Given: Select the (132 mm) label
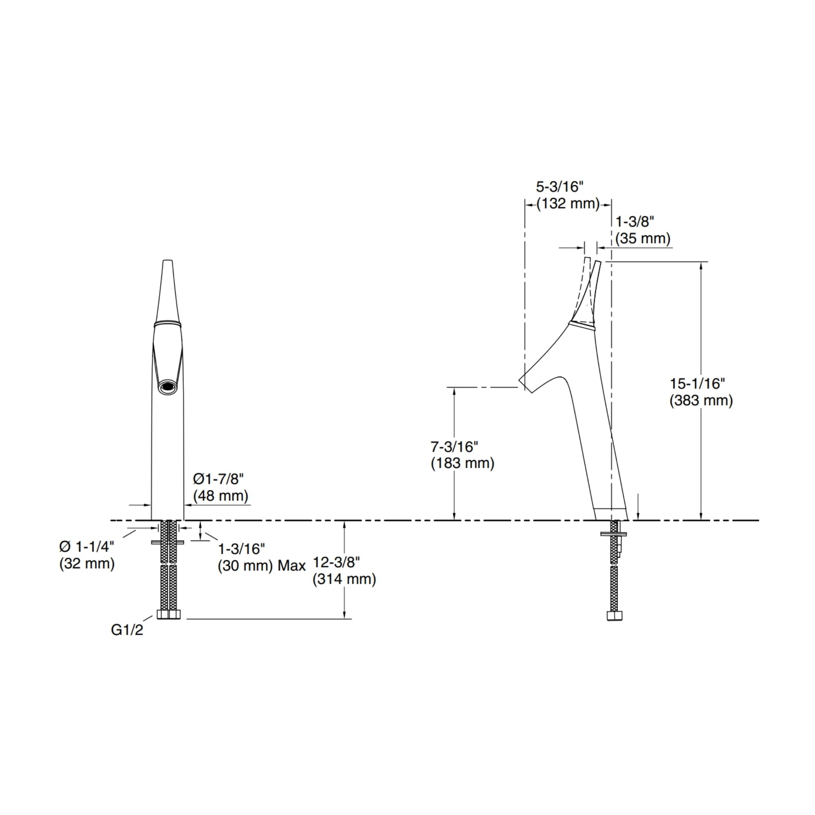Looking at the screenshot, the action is tap(568, 204).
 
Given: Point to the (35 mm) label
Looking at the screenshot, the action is tap(642, 239).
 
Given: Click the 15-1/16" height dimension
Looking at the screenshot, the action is tap(697, 384).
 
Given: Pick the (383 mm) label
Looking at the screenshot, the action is tap(701, 401).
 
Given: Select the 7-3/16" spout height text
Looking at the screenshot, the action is tap(454, 446).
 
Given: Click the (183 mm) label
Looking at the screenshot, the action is tap(462, 464).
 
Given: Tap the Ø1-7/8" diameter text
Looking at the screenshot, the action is tap(219, 479).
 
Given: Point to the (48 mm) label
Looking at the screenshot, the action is tap(221, 496).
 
